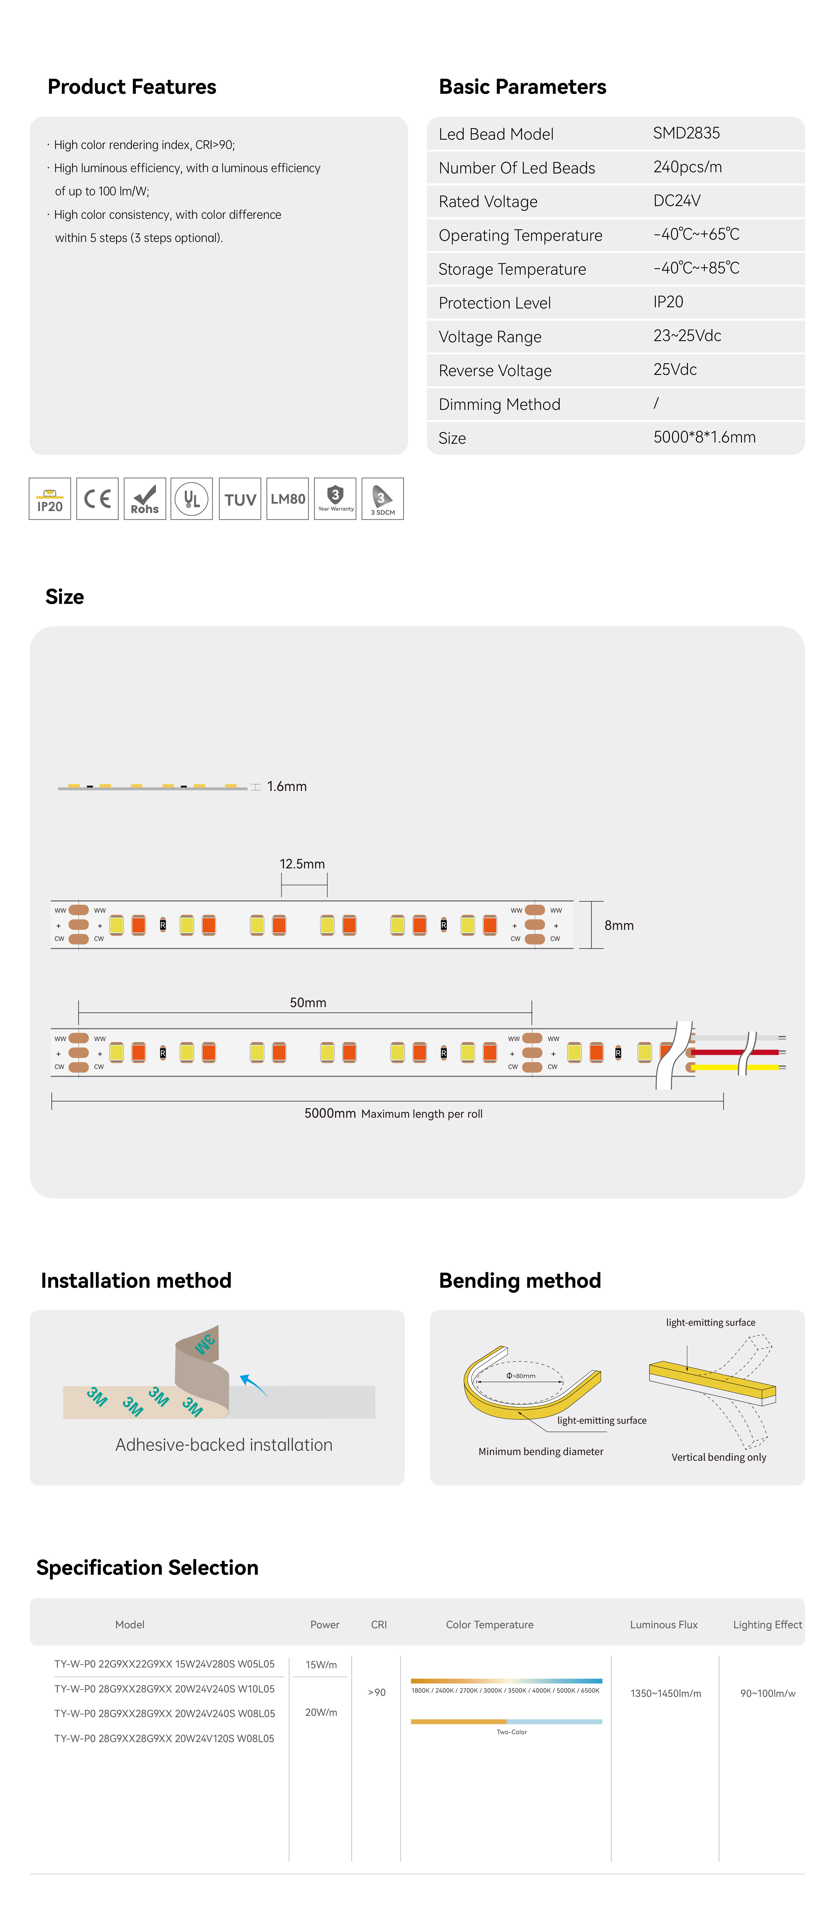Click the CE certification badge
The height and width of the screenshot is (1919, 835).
97,498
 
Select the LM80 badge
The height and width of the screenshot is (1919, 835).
287,498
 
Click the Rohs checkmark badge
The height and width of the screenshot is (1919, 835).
145,498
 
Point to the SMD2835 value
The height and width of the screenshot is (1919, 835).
686,133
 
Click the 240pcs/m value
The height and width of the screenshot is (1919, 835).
687,167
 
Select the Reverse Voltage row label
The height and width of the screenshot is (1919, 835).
494,370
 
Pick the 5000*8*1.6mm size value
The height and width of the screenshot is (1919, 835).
704,437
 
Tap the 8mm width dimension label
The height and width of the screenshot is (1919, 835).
618,925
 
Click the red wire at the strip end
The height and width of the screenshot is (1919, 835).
734,1052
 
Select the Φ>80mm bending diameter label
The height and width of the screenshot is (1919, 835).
521,1375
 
